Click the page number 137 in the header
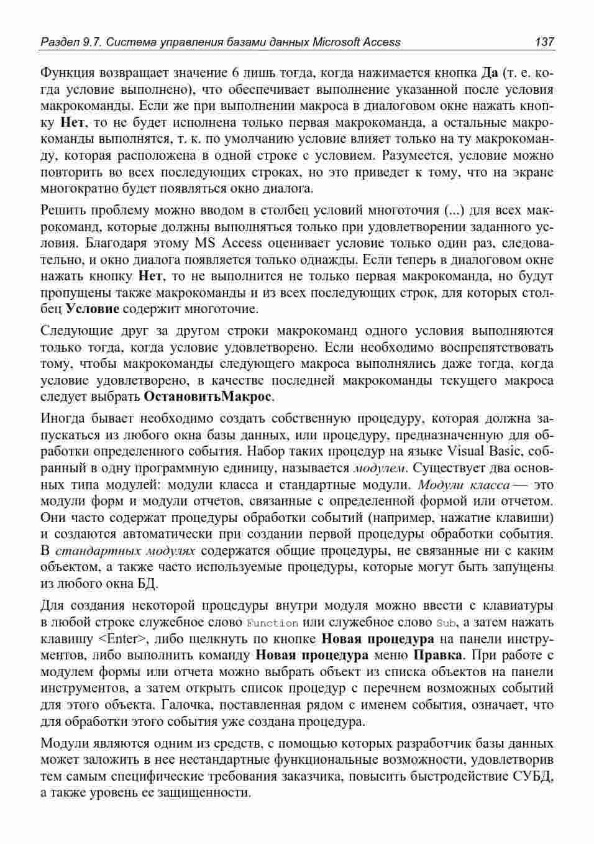tap(544, 42)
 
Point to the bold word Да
tap(490, 73)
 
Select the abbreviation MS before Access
tap(205, 243)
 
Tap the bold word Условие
tap(93, 309)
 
